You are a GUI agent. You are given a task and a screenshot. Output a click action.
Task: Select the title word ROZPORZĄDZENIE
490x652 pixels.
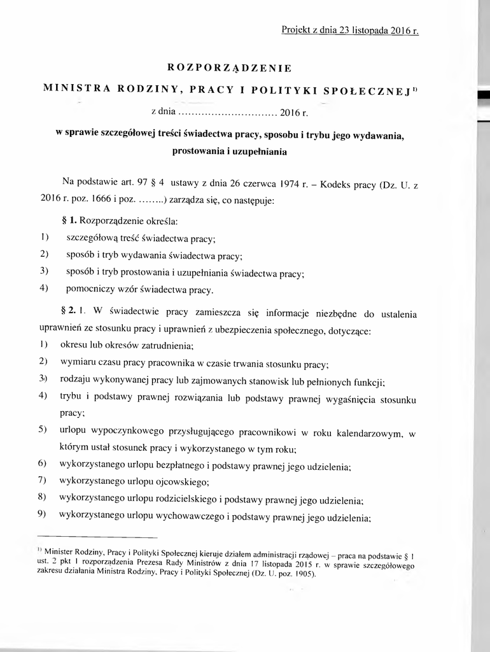pyautogui.click(x=229, y=67)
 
